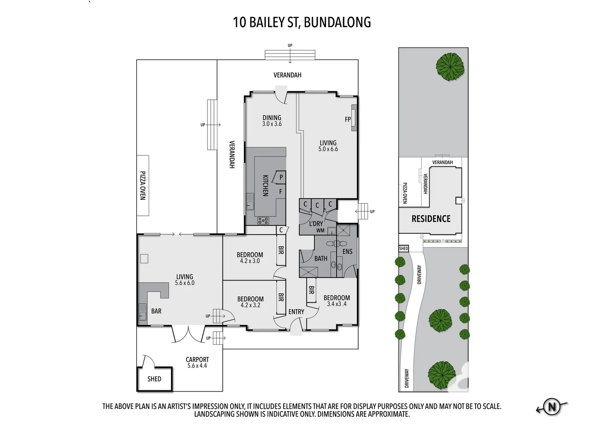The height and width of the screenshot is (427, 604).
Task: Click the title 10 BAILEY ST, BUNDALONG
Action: coord(302,22)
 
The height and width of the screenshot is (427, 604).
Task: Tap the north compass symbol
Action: coord(551,406)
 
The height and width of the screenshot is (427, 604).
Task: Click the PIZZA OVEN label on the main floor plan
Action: coord(143,185)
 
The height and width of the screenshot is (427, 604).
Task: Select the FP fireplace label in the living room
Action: coord(348,119)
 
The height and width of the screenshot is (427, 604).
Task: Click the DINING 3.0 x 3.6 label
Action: coord(272,121)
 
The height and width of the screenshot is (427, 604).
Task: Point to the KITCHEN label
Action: coord(266,185)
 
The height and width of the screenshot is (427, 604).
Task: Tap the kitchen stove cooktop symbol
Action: coord(263,221)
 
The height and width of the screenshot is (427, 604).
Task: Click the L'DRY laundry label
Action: coord(316,224)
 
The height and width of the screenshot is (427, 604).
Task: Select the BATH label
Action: coord(321,259)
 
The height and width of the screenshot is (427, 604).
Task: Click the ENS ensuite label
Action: coord(347,251)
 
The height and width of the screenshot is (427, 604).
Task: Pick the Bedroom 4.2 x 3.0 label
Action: coord(250,258)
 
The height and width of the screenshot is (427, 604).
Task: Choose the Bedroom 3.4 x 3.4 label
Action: coord(336,300)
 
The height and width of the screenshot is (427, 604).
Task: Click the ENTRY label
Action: coord(296,312)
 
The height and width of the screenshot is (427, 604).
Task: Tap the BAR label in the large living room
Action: coord(156,311)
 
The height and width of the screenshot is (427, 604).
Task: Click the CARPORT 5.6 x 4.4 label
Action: coord(197,363)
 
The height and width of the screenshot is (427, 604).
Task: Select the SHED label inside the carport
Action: coord(154,379)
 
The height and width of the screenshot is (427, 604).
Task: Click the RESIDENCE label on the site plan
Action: coord(431,219)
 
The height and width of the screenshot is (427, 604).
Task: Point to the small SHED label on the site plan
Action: coord(403,249)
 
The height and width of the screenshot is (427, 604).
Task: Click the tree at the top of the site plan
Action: coord(450,67)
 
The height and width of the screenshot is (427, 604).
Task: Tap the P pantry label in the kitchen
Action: coord(281,178)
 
